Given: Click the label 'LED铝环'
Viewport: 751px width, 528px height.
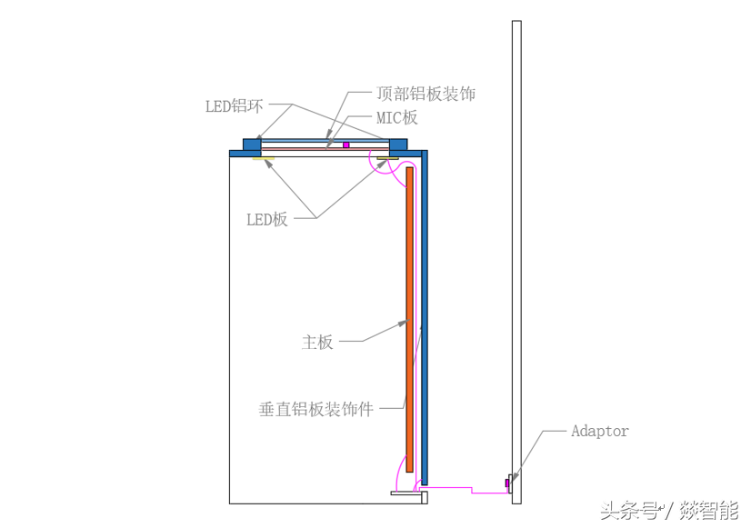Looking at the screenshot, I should coord(234,106).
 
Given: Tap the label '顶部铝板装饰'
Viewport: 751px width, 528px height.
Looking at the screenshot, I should coord(426,94).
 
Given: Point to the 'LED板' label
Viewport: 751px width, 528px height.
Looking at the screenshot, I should coord(267,219).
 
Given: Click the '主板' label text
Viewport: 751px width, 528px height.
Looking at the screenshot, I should coord(317,343).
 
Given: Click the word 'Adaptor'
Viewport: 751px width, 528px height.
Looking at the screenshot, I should coord(599,431).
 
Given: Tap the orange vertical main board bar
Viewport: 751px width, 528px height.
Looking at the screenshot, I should coord(410,318).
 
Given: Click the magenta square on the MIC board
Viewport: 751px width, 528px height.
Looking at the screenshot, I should coord(346,144).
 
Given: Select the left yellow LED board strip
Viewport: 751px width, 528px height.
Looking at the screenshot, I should coord(265,160).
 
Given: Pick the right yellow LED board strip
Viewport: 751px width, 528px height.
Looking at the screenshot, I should coord(389,161).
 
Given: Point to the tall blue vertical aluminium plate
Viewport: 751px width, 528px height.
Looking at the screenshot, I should coord(424,318).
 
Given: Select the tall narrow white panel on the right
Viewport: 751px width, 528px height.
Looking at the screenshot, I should coord(516,254).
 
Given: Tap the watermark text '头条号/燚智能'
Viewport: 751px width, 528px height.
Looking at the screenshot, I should coord(669,511).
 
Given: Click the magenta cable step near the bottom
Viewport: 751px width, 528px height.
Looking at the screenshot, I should coord(473,490).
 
